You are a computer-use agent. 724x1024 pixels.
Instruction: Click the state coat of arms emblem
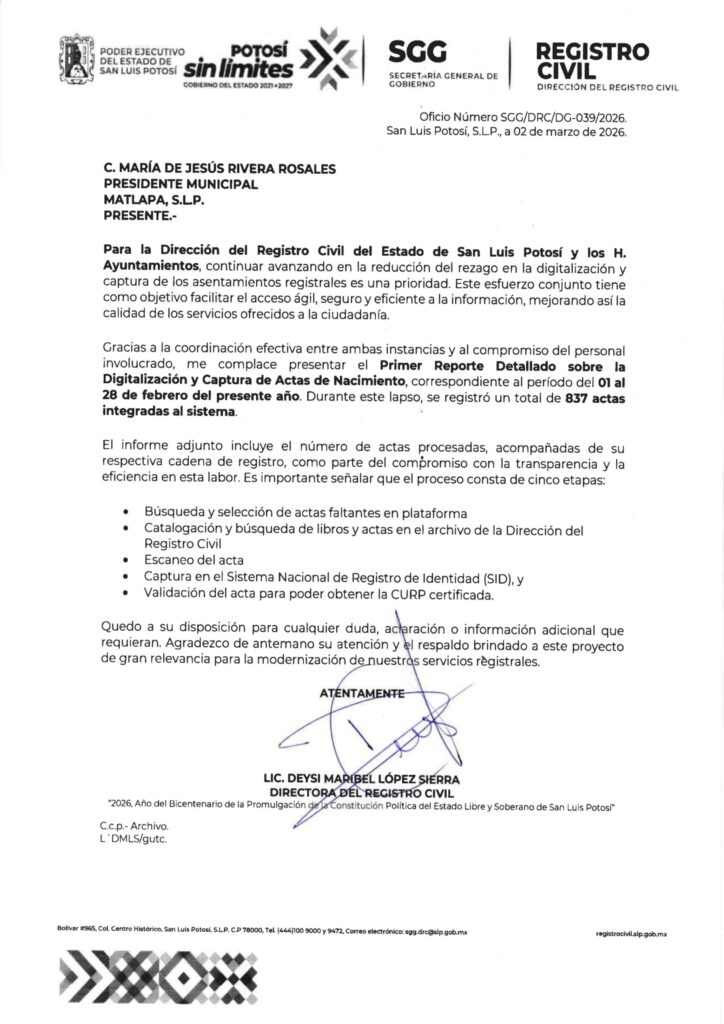point(78,62)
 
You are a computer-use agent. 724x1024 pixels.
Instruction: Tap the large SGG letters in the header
point(419,52)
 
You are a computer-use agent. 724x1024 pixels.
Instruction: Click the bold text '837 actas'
point(586,397)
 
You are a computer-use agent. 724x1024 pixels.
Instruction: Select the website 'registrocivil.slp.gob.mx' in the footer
point(630,931)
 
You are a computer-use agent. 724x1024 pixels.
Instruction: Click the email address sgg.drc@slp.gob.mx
point(436,931)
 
